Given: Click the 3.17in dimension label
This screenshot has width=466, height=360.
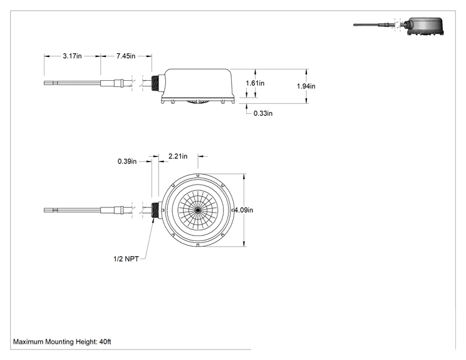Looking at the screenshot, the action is coord(72,56).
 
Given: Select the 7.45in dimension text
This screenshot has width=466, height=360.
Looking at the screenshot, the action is coord(126,56).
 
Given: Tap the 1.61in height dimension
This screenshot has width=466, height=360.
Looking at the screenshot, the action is coord(255,83).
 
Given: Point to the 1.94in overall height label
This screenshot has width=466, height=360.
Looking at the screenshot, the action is coord(306,86).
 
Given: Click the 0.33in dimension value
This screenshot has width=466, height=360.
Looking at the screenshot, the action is coord(263,113).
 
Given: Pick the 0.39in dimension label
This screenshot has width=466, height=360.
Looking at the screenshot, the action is coord(127,162).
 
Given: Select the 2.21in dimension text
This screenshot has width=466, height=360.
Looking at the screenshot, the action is coord(178,157).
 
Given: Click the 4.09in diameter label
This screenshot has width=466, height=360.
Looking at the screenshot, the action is coord(244,210).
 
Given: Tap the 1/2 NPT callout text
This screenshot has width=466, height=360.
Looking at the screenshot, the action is coord(126,259).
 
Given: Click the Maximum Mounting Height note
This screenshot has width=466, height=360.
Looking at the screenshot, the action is coord(62,342).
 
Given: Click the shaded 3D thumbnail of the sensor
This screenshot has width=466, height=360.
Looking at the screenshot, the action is coord(398,26).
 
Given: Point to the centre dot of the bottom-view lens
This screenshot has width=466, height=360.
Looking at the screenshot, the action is coord(198,210).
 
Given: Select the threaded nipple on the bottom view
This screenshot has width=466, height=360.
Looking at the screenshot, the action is coord(155,210).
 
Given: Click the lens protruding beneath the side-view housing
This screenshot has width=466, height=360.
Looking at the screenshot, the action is coord(198,102).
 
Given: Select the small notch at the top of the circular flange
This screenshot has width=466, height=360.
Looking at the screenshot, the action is coord(198,175).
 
